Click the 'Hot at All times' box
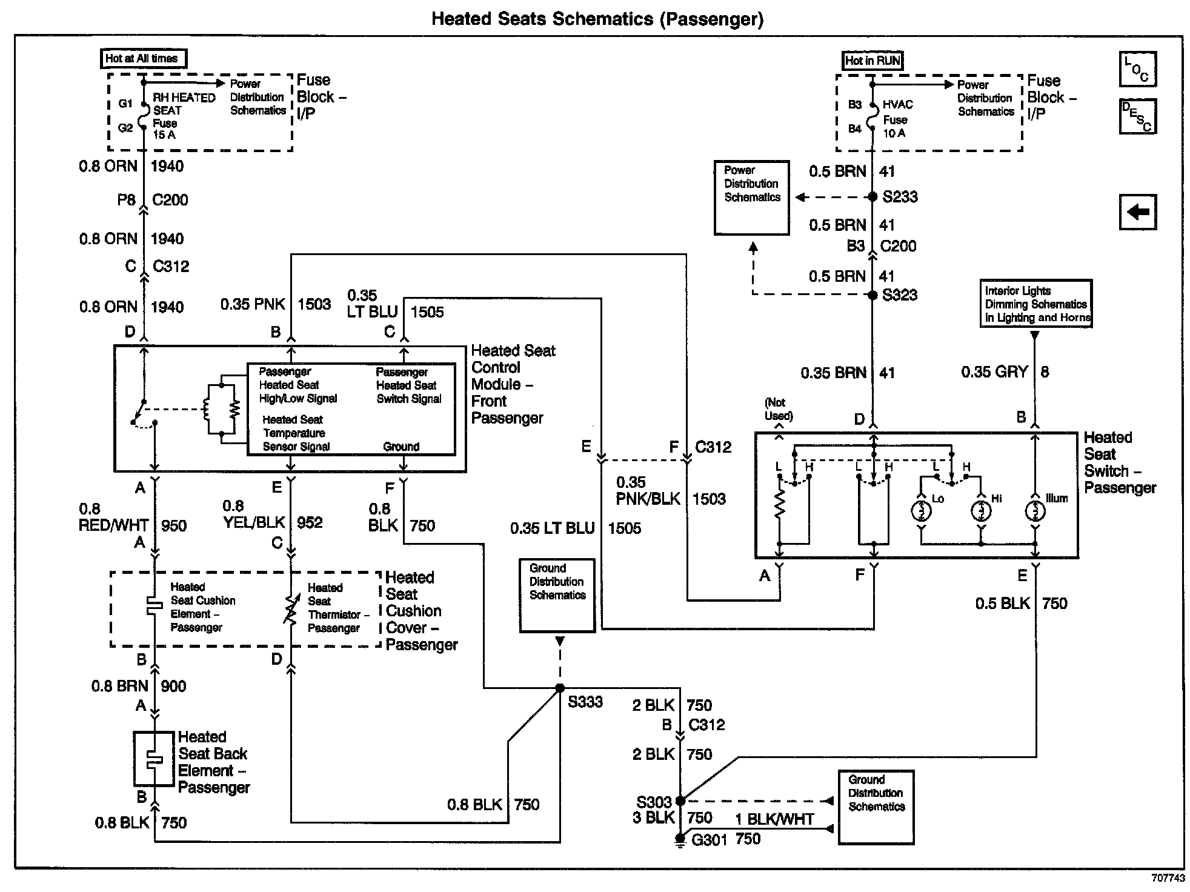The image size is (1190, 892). [x=143, y=59]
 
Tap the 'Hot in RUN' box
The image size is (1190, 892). [x=873, y=61]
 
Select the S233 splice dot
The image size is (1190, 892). [x=873, y=197]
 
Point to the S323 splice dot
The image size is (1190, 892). [x=873, y=295]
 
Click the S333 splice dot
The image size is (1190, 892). [x=560, y=688]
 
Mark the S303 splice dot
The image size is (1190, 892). [x=680, y=800]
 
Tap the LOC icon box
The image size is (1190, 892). [x=1137, y=69]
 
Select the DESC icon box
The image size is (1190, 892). [x=1137, y=116]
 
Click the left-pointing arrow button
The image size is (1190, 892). [x=1137, y=212]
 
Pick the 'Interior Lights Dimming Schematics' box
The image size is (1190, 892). [x=1035, y=304]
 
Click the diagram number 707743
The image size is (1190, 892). [x=1168, y=878]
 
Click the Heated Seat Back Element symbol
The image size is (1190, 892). [x=154, y=759]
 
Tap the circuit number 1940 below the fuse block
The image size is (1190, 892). [x=167, y=167]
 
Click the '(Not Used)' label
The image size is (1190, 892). [x=779, y=409]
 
